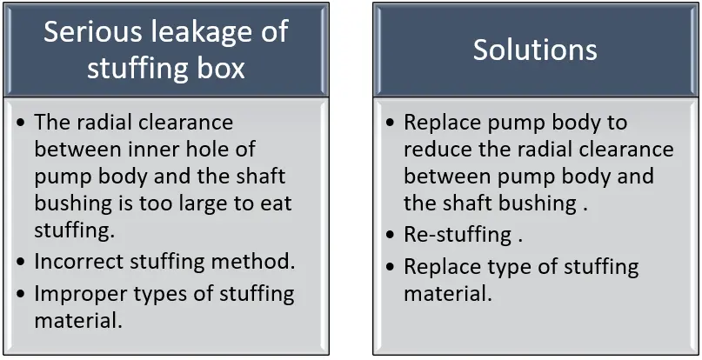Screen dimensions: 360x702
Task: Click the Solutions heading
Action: [535, 50]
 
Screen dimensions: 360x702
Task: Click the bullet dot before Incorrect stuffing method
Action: [21, 261]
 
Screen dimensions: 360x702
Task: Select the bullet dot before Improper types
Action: [21, 294]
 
